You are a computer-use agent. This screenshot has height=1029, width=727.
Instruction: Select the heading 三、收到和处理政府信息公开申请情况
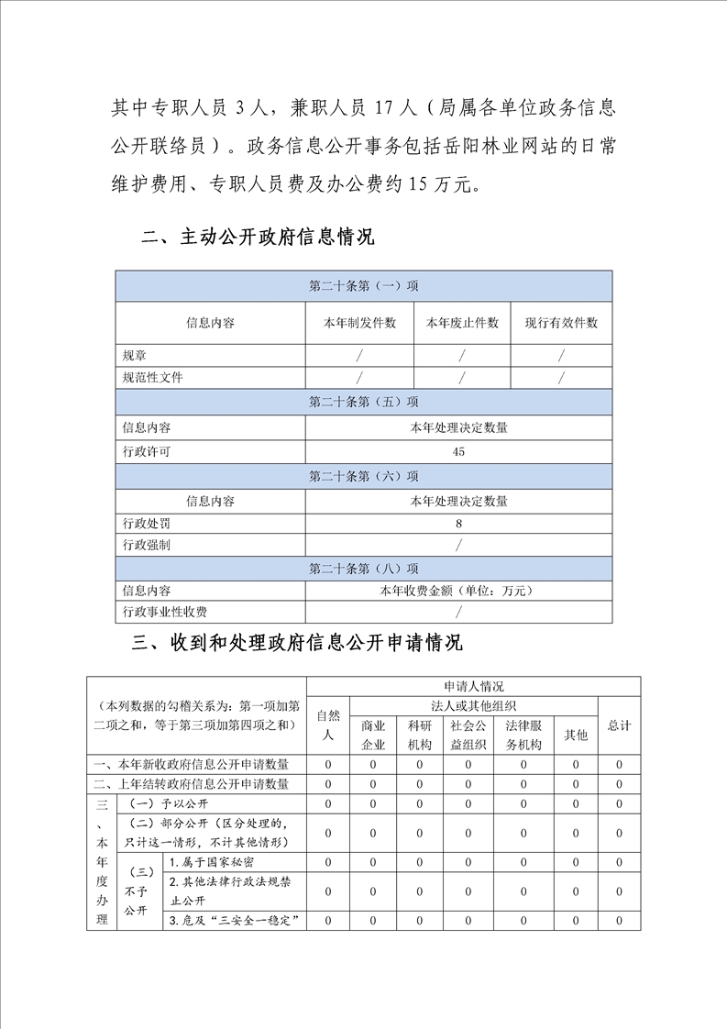[x=297, y=643]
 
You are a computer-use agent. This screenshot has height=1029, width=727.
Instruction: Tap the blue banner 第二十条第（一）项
[x=364, y=286]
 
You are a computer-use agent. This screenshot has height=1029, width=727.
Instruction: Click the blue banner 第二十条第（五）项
[x=364, y=402]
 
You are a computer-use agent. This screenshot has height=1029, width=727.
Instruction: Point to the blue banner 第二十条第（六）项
[x=364, y=476]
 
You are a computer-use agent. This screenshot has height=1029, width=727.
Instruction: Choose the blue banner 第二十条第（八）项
[x=364, y=569]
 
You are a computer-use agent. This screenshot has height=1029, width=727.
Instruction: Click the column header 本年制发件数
[x=359, y=323]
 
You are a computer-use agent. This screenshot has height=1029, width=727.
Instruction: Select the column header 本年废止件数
[x=462, y=323]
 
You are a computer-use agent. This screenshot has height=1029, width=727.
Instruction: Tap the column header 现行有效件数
[x=561, y=323]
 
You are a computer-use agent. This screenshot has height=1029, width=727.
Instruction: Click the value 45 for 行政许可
[x=458, y=451]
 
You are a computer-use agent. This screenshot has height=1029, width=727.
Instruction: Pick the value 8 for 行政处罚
[x=458, y=523]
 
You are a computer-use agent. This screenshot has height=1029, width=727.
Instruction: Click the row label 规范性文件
[x=152, y=377]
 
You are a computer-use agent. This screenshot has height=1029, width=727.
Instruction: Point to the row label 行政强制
[x=147, y=545]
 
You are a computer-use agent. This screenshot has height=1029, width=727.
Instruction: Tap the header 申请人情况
[x=473, y=686]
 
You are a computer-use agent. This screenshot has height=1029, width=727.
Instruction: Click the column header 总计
[x=619, y=725]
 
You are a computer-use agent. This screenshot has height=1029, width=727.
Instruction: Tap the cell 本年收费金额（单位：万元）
[x=458, y=591]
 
